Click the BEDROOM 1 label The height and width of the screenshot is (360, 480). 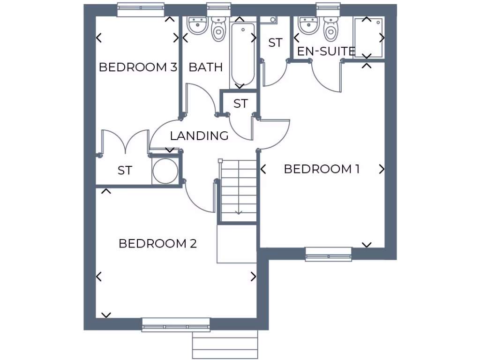coord(322,169)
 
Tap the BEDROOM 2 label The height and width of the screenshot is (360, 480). coord(157,244)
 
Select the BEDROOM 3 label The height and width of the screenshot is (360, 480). coord(138,67)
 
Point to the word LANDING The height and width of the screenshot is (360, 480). coord(199,136)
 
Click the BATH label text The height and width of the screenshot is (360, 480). coord(206,67)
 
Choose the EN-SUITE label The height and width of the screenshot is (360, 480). coord(326,51)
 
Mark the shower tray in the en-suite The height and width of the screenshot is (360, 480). coord(368,37)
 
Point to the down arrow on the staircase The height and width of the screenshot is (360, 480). coord(239,211)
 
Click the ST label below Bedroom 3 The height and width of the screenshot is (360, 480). coord(125,171)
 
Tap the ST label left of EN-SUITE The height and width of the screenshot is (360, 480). coord(276,43)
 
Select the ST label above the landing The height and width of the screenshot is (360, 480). coord(240,104)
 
